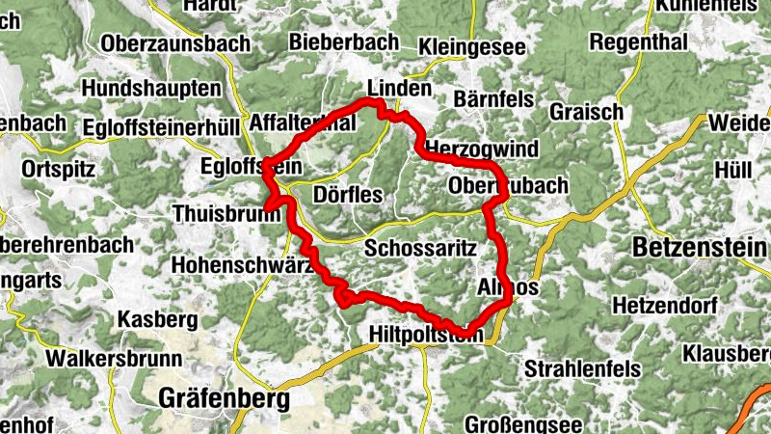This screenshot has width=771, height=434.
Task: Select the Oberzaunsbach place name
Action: pyautogui.click(x=175, y=43)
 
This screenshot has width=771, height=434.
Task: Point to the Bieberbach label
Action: pyautogui.click(x=343, y=43)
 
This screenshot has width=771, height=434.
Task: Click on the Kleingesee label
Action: pyautogui.click(x=472, y=46)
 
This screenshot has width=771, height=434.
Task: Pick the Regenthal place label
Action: pyautogui.click(x=638, y=42)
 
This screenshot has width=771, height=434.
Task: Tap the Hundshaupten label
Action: pyautogui.click(x=152, y=88)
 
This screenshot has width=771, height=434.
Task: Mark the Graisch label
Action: pyautogui.click(x=587, y=112)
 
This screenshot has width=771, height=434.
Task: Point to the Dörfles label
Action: pyautogui.click(x=348, y=195)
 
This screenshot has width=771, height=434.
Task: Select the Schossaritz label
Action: pyautogui.click(x=422, y=247)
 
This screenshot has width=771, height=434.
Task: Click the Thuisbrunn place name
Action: pyautogui.click(x=222, y=212)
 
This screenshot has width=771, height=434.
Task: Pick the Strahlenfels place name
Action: pyautogui.click(x=580, y=368)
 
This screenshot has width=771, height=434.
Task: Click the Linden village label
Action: pyautogui.click(x=399, y=88)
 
